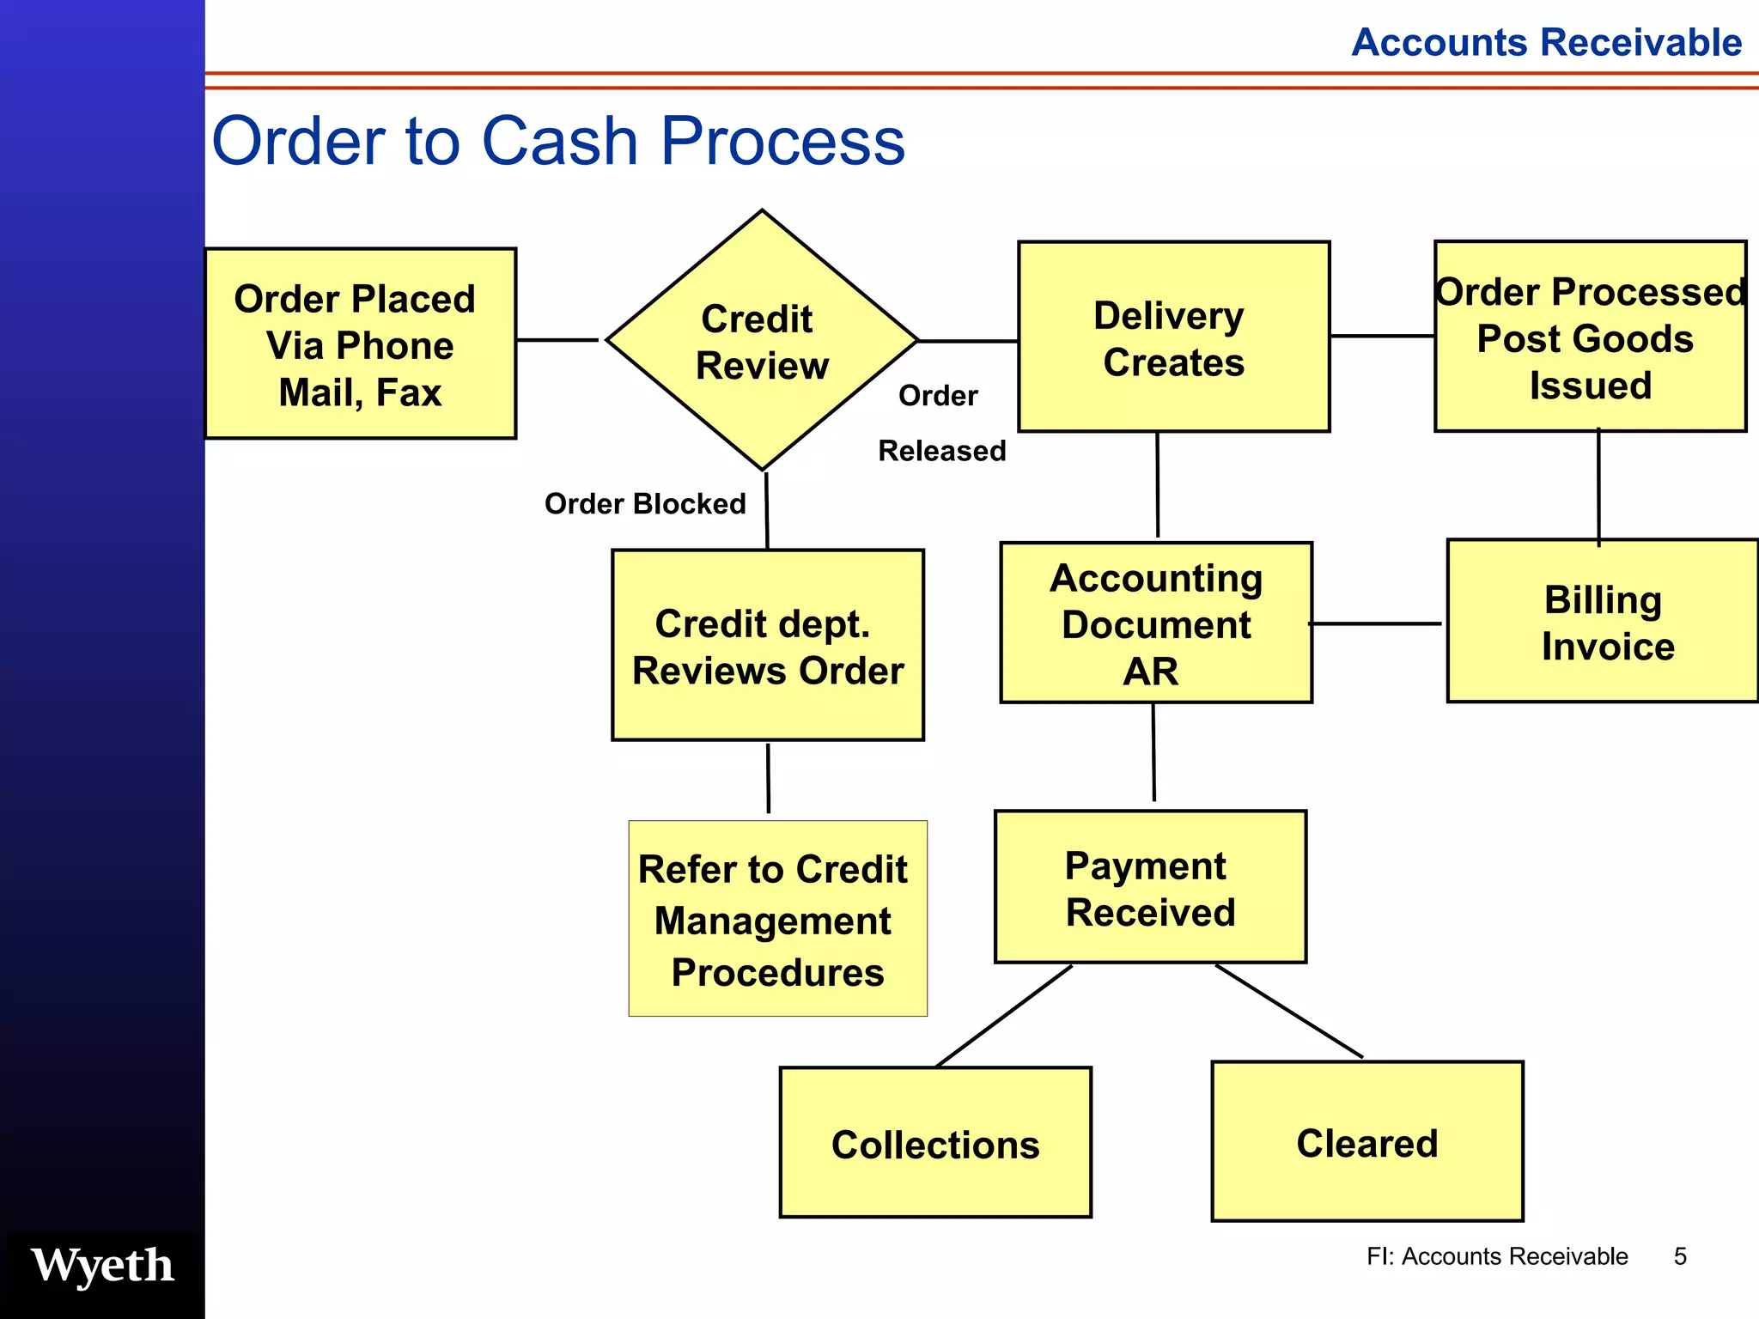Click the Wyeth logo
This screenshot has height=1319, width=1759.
pyautogui.click(x=102, y=1265)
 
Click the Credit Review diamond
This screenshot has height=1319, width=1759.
pyautogui.click(x=761, y=341)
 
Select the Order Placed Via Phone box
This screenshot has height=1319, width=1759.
pyautogui.click(x=360, y=344)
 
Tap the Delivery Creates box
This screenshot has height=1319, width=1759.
pyautogui.click(x=1173, y=337)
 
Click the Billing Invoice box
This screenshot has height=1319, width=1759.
pyautogui.click(x=1603, y=622)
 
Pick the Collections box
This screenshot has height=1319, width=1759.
pyautogui.click(x=935, y=1143)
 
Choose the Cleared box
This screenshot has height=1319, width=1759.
pyautogui.click(x=1366, y=1142)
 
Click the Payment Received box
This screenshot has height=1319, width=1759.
pyautogui.click(x=1150, y=888)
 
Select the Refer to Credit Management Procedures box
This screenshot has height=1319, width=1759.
pyautogui.click(x=777, y=919)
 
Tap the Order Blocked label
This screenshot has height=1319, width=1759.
pyautogui.click(x=645, y=504)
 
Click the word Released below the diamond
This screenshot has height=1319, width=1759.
pyautogui.click(x=941, y=451)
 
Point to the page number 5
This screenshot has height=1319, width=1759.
pyautogui.click(x=1680, y=1256)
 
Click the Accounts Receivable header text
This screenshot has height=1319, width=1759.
pyautogui.click(x=1546, y=42)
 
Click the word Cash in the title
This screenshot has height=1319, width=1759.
pyautogui.click(x=559, y=141)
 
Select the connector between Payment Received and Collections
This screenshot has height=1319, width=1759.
pyautogui.click(x=1003, y=1016)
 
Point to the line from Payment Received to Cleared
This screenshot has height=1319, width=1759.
pyautogui.click(x=1288, y=1011)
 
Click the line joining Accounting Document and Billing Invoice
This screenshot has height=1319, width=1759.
pyautogui.click(x=1375, y=623)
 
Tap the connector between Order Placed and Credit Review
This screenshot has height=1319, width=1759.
pyautogui.click(x=557, y=340)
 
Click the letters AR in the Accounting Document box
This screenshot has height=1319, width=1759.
pyautogui.click(x=1150, y=672)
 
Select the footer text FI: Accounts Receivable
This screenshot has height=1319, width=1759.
pyautogui.click(x=1496, y=1256)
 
